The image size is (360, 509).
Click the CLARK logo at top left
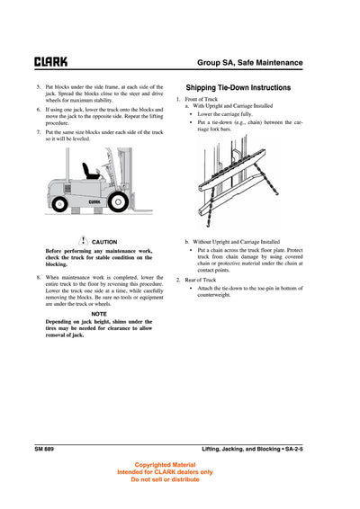click(50, 62)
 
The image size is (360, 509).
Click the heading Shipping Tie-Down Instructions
click(238, 88)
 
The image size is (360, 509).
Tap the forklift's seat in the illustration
click(90, 171)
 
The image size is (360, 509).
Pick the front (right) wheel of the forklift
click(119, 203)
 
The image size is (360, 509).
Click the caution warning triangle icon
click(83, 241)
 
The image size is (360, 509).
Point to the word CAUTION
click(104, 242)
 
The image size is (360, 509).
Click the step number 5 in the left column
click(38, 87)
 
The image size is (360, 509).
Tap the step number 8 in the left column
click(38, 279)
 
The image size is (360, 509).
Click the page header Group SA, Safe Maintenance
click(250, 62)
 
